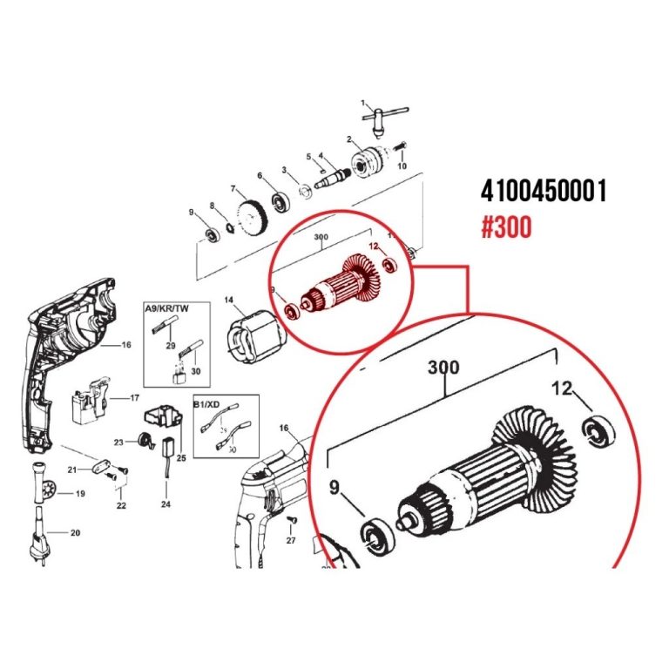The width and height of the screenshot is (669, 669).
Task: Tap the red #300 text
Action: click(x=506, y=228)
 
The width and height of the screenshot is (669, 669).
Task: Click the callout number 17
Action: click(x=135, y=398)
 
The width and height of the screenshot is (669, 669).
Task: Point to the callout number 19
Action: click(x=79, y=494)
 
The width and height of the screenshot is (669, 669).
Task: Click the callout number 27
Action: click(x=291, y=541)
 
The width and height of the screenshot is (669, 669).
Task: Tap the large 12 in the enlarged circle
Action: click(x=564, y=389)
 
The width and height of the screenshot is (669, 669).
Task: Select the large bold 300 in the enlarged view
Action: click(x=444, y=368)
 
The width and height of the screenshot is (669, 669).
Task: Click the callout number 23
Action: click(x=119, y=441)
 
